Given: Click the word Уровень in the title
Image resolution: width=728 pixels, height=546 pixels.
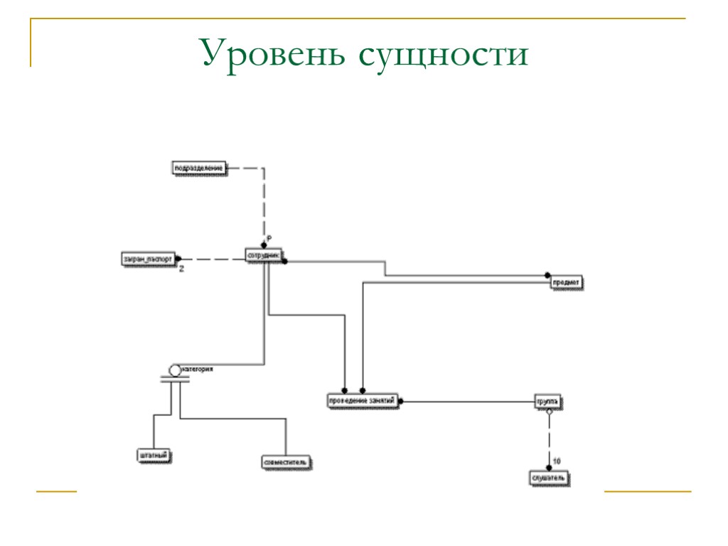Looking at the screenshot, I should pos(273,55).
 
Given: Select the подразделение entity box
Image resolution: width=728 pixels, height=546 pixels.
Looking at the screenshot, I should pos(200,168).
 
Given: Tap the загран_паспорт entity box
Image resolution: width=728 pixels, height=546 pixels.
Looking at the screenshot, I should pos(148,259).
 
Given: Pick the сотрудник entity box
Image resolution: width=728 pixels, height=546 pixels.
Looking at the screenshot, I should pos(264,255).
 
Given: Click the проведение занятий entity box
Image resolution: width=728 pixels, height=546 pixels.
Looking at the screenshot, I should pos(361,401).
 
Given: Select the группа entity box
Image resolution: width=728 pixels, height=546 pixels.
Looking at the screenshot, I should pos(548,401).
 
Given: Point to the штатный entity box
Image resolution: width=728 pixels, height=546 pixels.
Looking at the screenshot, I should pos(154,455).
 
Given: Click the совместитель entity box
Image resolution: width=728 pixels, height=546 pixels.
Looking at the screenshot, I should pos(285,462).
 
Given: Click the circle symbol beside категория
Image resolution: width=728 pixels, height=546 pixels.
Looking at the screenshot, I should pos(175,370).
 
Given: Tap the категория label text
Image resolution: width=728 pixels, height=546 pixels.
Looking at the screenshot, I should pos(198,369).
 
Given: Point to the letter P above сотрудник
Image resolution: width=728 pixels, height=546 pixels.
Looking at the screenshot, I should pos(269,237).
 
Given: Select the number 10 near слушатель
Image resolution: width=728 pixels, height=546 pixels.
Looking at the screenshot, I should pos(557,461).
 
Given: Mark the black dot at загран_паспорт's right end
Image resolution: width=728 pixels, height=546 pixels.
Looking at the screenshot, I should pos(178,259).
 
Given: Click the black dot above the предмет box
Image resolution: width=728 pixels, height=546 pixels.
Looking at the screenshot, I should pos(548,275).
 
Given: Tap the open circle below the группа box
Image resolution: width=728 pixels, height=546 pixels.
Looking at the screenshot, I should pos(549,412).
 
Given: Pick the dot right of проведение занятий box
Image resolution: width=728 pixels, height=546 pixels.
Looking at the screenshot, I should pos(401,402).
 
